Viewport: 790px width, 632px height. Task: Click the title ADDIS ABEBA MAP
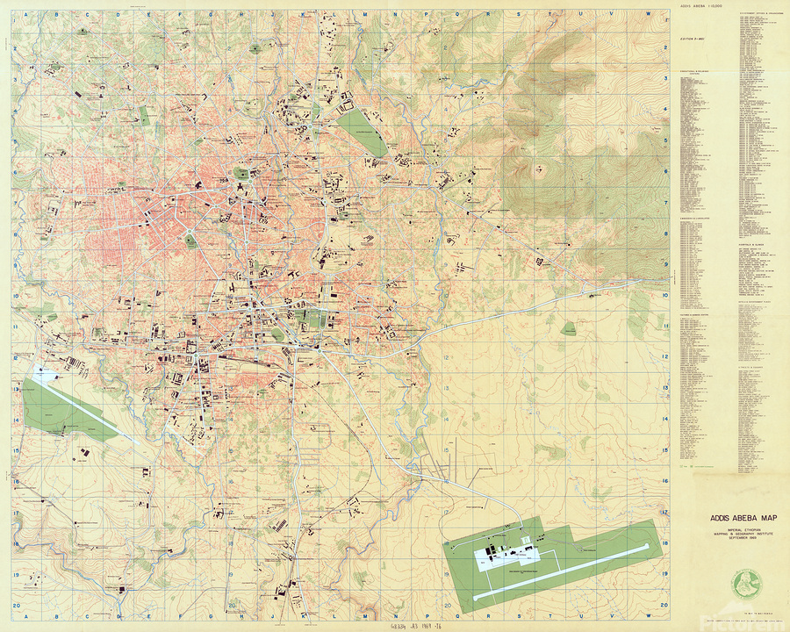[x=730, y=519]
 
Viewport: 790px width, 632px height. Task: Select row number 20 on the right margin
[x=665, y=606]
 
